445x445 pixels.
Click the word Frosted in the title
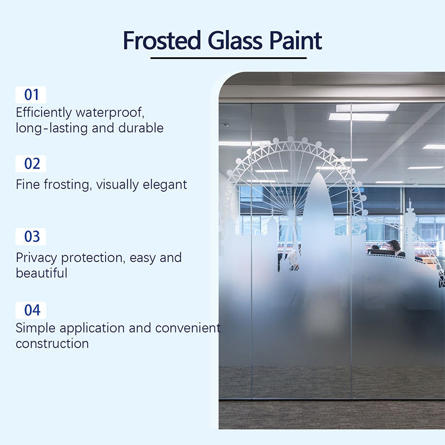[x=161, y=41]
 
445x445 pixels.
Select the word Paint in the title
[x=295, y=41]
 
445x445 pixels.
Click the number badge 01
[x=32, y=94]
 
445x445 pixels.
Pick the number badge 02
[x=32, y=164]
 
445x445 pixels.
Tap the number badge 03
[x=32, y=236]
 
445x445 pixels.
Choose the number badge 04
[x=32, y=310]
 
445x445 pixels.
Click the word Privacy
[x=36, y=258]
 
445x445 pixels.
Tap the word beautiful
[x=42, y=273]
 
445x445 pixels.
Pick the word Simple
[x=36, y=328]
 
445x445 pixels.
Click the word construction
[x=52, y=343]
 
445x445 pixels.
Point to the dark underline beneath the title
[x=229, y=57]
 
